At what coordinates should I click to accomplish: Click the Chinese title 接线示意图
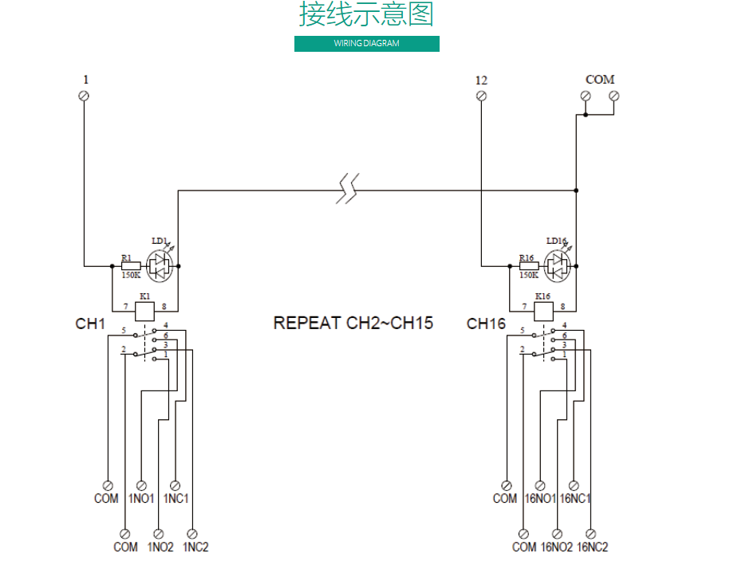366,15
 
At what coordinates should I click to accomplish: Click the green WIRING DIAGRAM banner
366,44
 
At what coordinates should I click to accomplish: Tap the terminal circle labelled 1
85,96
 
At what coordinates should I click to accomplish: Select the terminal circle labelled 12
481,96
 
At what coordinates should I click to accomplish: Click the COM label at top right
600,80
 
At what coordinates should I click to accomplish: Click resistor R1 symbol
131,265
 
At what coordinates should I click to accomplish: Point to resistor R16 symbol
528,265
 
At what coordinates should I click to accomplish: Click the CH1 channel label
90,324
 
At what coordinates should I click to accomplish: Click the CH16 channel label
486,324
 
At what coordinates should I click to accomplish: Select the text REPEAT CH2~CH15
353,324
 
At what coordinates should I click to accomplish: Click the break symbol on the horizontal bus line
346,190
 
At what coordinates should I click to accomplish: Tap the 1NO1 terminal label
141,499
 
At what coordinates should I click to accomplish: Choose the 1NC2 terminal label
195,547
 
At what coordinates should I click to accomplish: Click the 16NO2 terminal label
556,547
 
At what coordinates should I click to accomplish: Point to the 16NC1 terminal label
575,499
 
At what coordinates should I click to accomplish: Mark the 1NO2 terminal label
160,547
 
